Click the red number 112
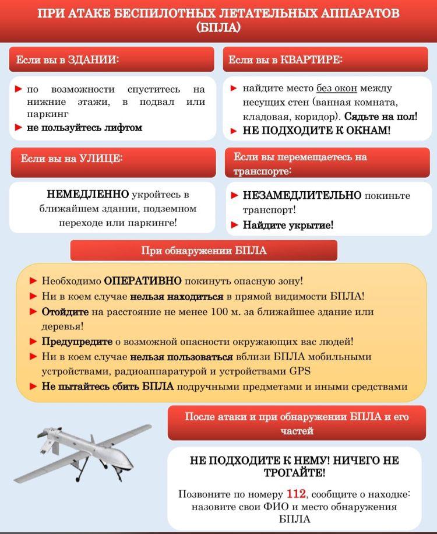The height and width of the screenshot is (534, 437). tap(297, 493)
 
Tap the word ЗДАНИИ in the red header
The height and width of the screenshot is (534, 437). tap(93, 60)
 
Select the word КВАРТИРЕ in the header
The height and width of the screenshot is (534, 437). tap(311, 60)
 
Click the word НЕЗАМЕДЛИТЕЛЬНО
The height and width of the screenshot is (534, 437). tap(302, 195)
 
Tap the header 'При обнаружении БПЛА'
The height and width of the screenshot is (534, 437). tap(203, 251)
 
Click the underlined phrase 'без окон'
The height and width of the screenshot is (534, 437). tap(337, 89)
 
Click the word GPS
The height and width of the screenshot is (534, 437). tap(299, 371)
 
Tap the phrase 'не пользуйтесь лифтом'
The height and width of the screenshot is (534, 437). tap(84, 128)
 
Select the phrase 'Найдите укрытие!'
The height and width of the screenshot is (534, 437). tap(288, 225)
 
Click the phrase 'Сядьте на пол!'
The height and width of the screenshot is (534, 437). tap(380, 116)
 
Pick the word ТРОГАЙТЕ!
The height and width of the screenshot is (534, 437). tap(294, 473)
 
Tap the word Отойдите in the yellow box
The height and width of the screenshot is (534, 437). tap(65, 311)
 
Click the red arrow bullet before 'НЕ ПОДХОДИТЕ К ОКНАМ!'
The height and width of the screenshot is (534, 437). tap(234, 131)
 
